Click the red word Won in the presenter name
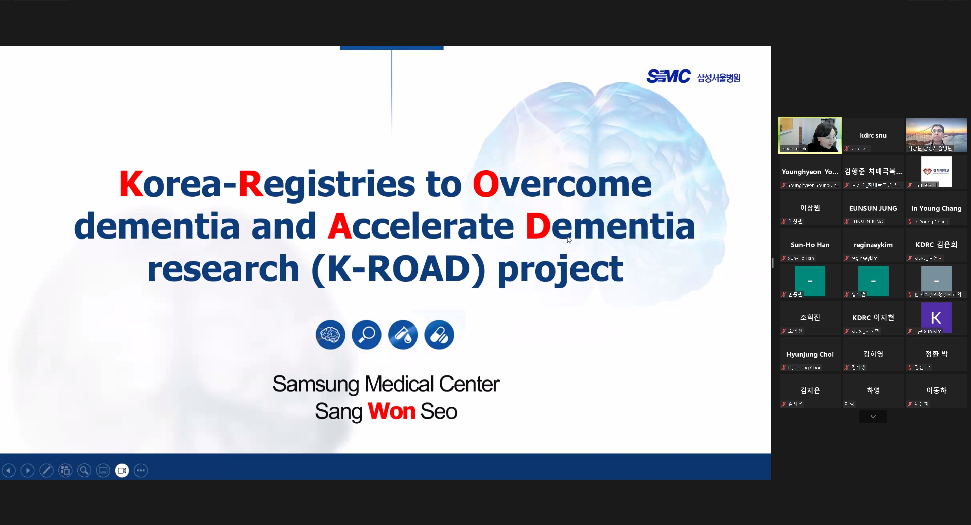[391, 411]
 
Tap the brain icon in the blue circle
[330, 335]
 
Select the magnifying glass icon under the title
[366, 335]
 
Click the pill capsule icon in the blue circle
[439, 335]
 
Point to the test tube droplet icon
[403, 335]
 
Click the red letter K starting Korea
[131, 184]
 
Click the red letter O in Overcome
[485, 184]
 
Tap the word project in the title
[561, 270]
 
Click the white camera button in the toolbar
[122, 470]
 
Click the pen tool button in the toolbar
[46, 470]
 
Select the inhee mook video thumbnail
[810, 135]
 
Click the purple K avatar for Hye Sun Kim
[936, 317]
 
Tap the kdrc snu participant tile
[873, 135]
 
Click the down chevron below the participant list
[873, 417]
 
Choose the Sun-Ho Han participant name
[810, 245]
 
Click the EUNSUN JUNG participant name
[873, 208]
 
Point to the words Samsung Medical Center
[386, 384]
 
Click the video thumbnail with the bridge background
[936, 135]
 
